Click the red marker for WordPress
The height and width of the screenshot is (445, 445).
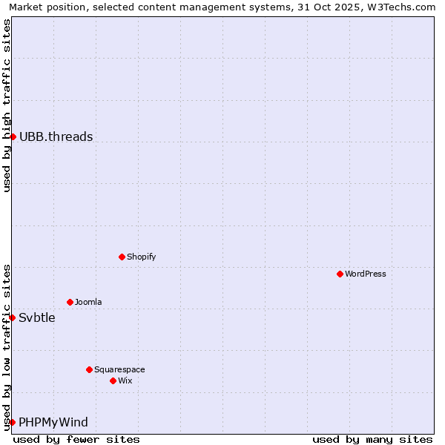(340, 274)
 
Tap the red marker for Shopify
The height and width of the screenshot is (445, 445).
(122, 257)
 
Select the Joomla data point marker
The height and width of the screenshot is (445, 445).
(70, 302)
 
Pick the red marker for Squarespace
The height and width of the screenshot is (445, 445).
(89, 369)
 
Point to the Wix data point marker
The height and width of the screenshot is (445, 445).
(113, 380)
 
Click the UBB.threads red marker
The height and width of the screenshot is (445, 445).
(13, 136)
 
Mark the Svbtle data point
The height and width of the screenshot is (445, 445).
(12, 317)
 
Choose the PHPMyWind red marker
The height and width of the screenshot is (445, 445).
(12, 422)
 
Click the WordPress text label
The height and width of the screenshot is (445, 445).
(366, 274)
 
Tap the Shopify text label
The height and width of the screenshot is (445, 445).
(142, 257)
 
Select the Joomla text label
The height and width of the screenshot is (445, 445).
(88, 302)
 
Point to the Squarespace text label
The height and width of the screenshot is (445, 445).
(119, 369)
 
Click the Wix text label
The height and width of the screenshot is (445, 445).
(125, 380)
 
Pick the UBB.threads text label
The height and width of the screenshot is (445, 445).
(56, 136)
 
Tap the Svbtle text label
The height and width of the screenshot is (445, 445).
(37, 317)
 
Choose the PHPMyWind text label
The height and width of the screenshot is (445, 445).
(53, 422)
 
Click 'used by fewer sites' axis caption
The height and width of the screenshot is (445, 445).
(76, 439)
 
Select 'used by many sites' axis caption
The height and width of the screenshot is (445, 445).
(372, 439)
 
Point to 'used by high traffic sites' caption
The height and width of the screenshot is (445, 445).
(7, 105)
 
